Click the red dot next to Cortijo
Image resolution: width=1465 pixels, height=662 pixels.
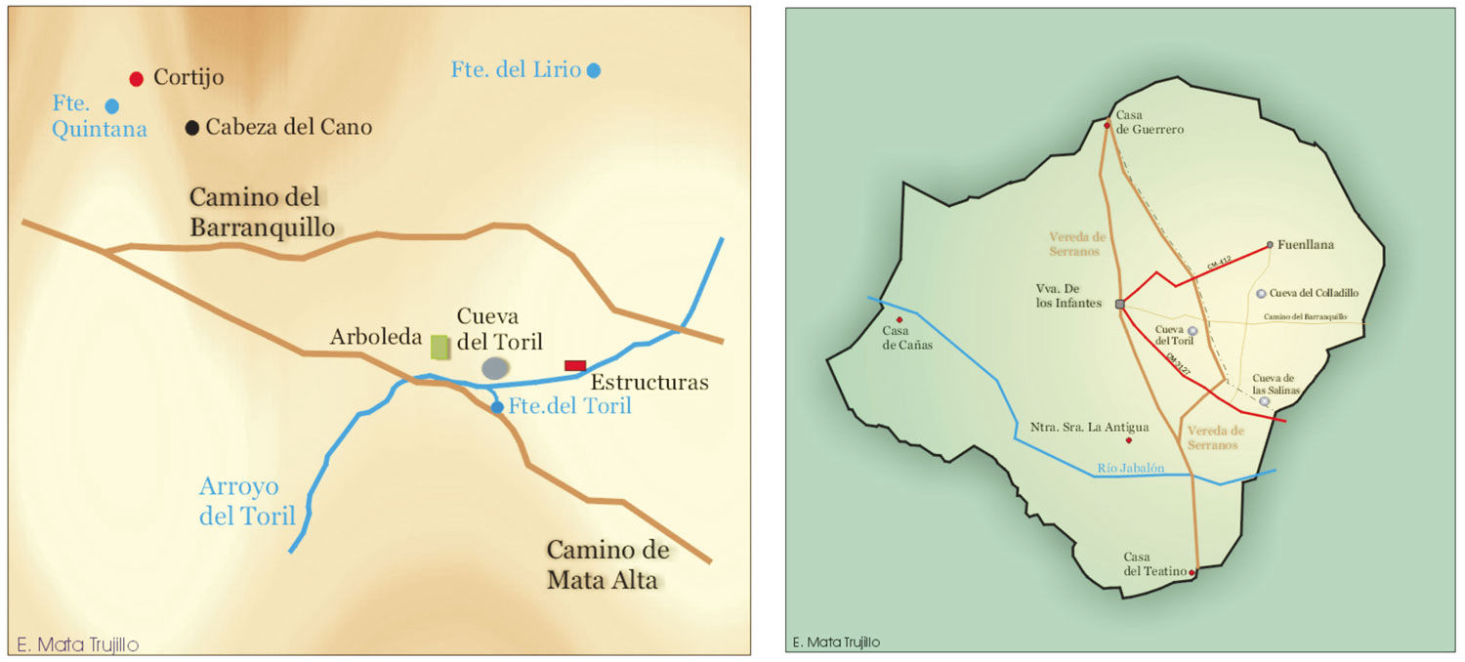137,78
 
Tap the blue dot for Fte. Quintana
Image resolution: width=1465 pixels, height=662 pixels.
112,105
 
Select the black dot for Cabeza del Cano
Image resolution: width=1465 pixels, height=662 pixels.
192,127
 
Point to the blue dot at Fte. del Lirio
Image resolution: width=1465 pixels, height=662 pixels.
593,70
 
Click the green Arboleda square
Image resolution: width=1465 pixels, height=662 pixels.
440,347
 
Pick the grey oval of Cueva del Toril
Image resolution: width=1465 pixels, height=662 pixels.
496,367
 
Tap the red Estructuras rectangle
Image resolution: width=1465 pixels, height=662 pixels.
575,365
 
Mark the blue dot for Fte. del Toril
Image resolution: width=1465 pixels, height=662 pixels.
497,407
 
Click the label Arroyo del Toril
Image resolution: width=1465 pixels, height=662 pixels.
247,501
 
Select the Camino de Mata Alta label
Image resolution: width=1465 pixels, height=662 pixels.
607,564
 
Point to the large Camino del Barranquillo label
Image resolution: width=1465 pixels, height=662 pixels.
262,212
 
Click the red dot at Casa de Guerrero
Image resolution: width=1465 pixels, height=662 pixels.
1107,126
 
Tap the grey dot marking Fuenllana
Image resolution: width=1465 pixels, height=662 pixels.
1270,244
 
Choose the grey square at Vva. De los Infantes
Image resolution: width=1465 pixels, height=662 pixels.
1119,305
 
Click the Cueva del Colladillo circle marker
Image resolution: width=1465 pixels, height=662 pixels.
1261,293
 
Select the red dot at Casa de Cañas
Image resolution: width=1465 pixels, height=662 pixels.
899,319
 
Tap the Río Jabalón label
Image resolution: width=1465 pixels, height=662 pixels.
1131,469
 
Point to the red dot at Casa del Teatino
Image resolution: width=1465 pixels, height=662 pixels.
1193,572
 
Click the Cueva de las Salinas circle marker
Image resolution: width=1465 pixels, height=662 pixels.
1264,401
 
